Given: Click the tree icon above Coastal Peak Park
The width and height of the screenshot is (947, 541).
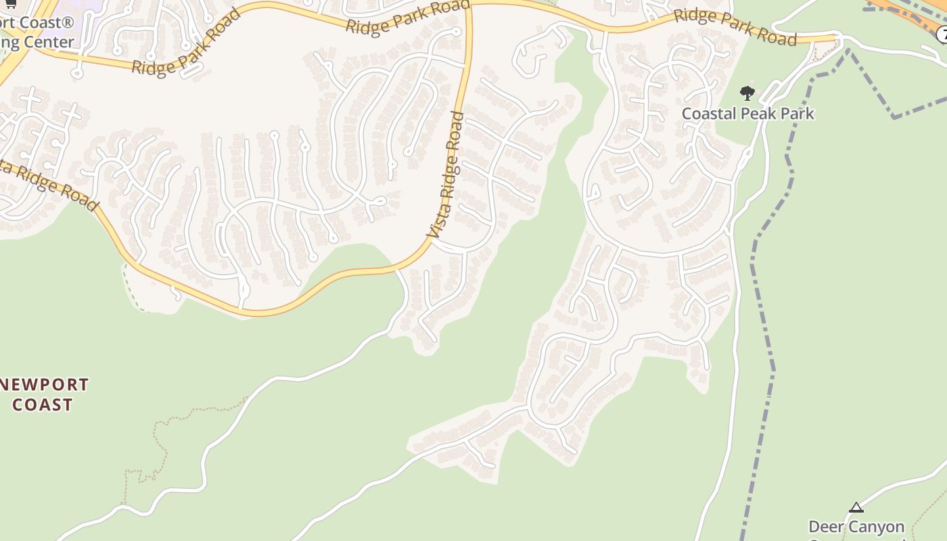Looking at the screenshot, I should (x=747, y=93).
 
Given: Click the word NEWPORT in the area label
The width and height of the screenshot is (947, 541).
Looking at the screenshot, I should (x=46, y=385).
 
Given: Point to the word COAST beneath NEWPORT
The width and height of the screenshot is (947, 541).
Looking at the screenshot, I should (x=43, y=404).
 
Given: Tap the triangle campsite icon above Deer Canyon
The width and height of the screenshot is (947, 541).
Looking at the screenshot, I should (x=856, y=507).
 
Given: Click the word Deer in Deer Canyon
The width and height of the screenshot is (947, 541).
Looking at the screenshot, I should (x=826, y=526).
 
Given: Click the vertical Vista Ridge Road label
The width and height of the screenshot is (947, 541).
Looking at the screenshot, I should (x=446, y=174).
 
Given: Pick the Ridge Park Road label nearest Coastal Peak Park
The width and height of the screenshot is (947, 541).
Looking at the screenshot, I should (x=735, y=27).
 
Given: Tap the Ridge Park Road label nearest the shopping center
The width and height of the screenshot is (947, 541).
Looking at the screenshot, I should (x=186, y=42).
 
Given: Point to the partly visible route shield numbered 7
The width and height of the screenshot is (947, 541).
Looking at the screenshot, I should (x=942, y=34).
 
